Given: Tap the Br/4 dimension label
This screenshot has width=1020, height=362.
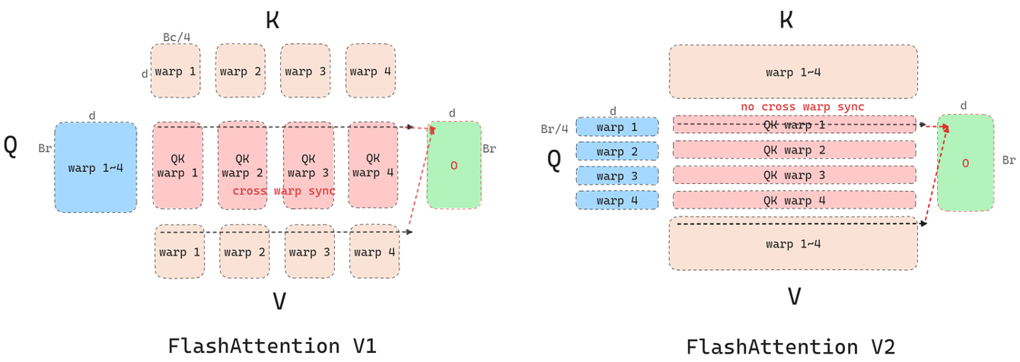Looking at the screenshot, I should [x=554, y=129].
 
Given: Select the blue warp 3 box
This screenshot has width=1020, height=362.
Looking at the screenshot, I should [x=617, y=176].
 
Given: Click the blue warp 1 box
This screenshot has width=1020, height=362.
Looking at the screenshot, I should [x=617, y=127].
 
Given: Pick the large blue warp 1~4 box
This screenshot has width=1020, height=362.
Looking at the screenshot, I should [x=95, y=167].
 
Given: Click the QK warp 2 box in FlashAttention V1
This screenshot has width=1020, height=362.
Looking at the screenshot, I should [x=242, y=165].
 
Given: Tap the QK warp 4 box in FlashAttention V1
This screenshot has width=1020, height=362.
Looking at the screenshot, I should [x=373, y=165].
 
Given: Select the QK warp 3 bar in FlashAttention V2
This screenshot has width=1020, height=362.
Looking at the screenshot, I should [x=794, y=176].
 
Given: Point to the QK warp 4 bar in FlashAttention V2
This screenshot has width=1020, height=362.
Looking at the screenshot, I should [x=794, y=201].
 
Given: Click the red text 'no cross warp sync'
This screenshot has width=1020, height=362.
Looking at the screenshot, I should [x=802, y=107].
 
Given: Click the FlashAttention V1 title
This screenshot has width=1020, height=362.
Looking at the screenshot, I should [x=273, y=346].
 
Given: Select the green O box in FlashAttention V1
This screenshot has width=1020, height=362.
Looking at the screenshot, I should [x=454, y=165].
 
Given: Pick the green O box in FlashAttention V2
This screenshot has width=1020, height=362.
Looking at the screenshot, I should [x=964, y=163].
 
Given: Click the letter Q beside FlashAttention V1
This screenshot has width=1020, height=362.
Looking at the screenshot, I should [x=11, y=147].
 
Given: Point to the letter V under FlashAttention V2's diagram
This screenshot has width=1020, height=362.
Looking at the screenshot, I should [x=794, y=296].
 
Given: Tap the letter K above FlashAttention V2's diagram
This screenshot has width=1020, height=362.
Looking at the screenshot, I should [x=786, y=20].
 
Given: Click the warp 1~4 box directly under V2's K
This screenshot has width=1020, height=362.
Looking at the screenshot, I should [x=793, y=72].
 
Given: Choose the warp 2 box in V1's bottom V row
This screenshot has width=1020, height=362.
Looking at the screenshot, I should [x=244, y=252].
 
